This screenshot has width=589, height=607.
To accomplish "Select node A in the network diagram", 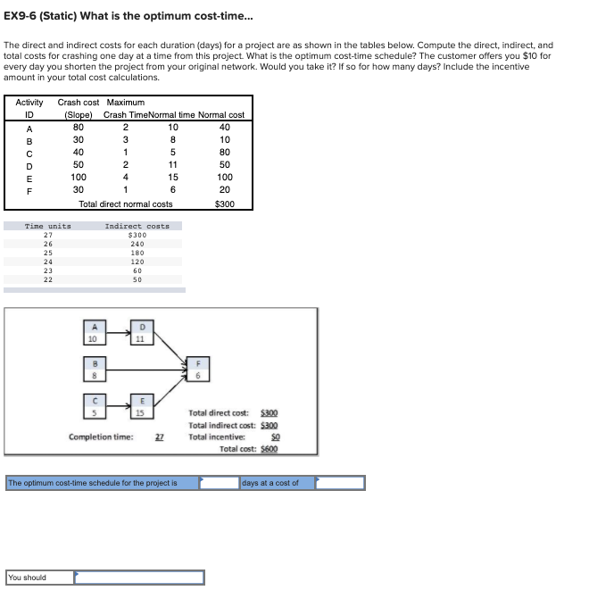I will pyautogui.click(x=91, y=332).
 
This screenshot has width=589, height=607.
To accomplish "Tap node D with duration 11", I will pyautogui.click(x=141, y=332).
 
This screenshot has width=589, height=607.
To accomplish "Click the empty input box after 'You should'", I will pyautogui.click(x=139, y=578).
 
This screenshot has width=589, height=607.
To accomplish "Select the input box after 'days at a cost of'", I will pyautogui.click(x=340, y=483).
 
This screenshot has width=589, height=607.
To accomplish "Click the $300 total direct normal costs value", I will pyautogui.click(x=226, y=204).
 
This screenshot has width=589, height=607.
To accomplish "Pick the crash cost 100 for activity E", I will pyautogui.click(x=79, y=178).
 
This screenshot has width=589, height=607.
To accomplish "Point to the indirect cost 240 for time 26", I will pyautogui.click(x=137, y=244).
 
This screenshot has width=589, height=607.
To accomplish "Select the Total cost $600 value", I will pyautogui.click(x=269, y=449).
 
